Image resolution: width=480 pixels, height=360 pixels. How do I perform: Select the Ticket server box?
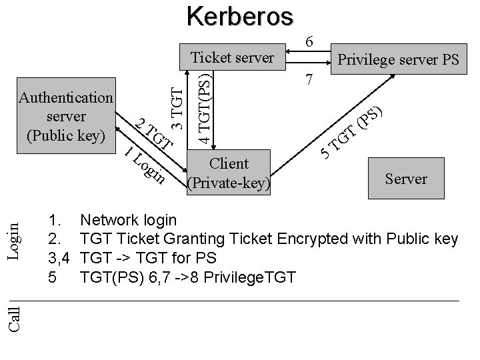click(232, 57)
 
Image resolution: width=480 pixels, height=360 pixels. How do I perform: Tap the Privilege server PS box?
click(398, 61)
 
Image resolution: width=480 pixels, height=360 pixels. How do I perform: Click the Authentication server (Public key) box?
click(65, 117)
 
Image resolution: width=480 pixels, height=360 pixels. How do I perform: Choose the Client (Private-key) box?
click(229, 173)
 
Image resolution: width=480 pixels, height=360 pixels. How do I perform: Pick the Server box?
click(405, 178)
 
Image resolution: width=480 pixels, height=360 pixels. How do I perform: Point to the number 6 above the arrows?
click(309, 41)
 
